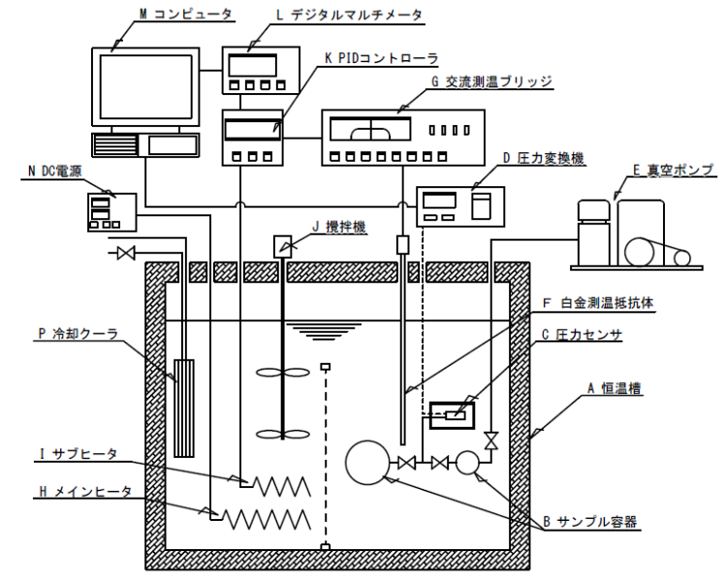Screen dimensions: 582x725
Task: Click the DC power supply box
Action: [x=108, y=210]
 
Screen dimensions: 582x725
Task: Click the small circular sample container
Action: [x=468, y=462]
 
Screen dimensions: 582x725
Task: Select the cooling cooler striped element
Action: [x=183, y=407]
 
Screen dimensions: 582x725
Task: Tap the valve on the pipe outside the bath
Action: [x=123, y=254]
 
